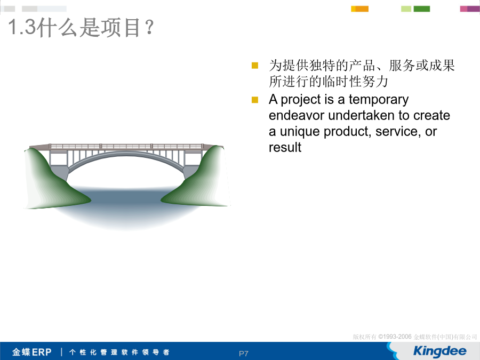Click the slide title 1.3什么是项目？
click(x=81, y=27)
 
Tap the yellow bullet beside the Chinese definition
click(x=255, y=66)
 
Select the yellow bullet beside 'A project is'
click(x=255, y=100)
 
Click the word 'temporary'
click(x=378, y=100)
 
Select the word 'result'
click(x=285, y=147)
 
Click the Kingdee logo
click(x=439, y=351)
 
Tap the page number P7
click(x=243, y=354)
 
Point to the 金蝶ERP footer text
click(x=32, y=352)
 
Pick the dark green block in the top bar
click(x=421, y=9)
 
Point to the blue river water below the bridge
click(x=125, y=205)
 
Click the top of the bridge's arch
click(x=125, y=154)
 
